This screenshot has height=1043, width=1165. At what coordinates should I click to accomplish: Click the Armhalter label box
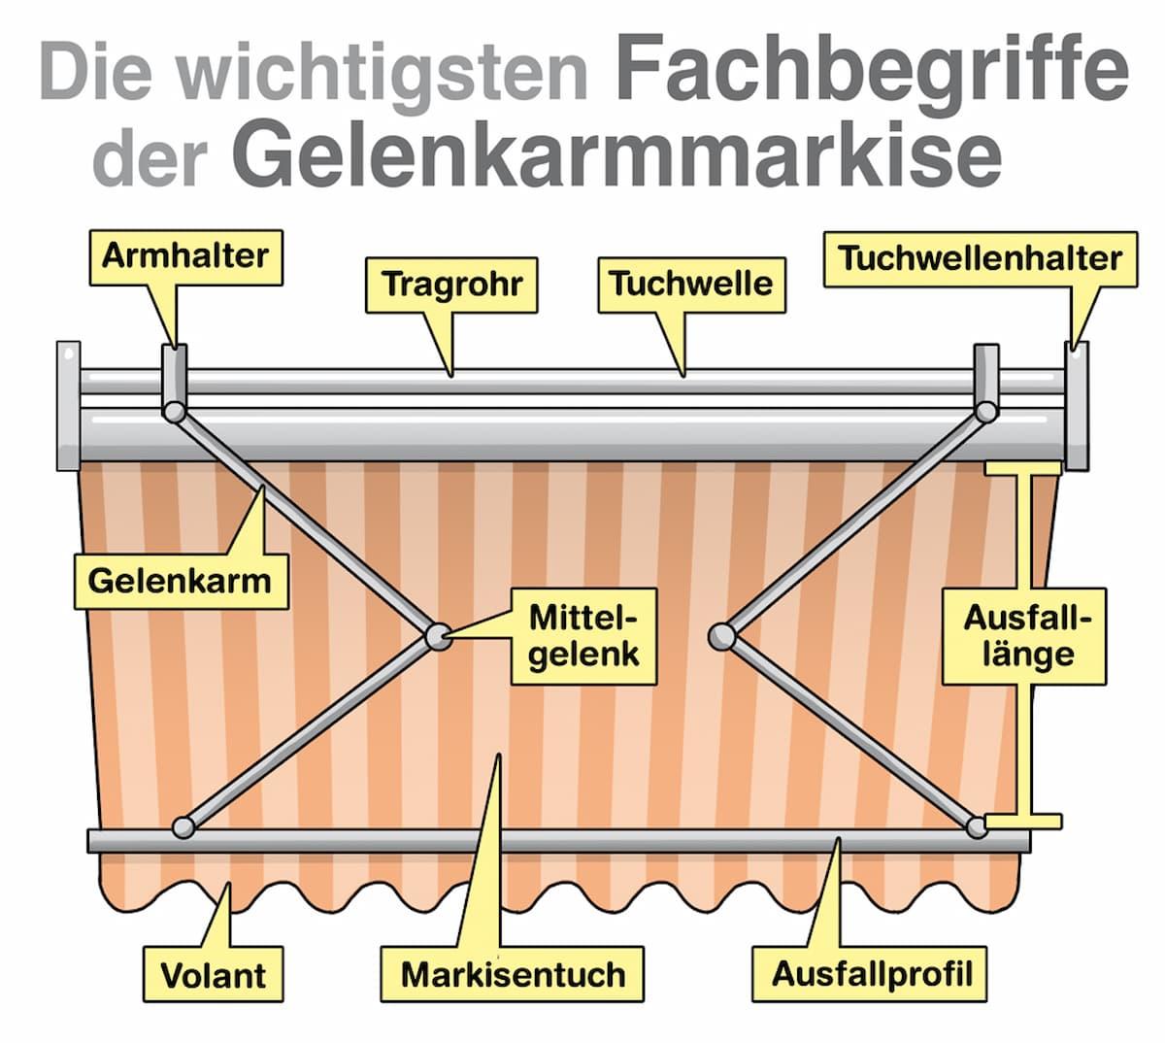pyautogui.click(x=185, y=257)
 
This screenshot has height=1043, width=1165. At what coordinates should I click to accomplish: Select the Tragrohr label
pyautogui.click(x=451, y=285)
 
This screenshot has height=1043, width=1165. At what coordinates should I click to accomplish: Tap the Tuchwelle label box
pyautogui.click(x=690, y=285)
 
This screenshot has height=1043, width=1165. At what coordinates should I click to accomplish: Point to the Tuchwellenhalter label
pyautogui.click(x=980, y=258)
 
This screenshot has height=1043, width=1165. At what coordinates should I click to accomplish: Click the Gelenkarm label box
pyautogui.click(x=181, y=582)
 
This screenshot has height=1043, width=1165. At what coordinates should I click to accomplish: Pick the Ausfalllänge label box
pyautogui.click(x=1024, y=636)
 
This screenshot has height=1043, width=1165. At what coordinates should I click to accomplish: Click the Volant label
pyautogui.click(x=214, y=974)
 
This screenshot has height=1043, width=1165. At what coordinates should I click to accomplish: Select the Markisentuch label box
pyautogui.click(x=513, y=973)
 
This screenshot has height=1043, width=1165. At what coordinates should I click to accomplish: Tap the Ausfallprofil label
pyautogui.click(x=871, y=973)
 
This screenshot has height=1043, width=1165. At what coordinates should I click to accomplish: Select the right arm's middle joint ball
pyautogui.click(x=720, y=637)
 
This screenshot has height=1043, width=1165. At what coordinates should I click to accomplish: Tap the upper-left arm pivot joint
pyautogui.click(x=175, y=413)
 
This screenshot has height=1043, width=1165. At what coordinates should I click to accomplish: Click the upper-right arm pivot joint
pyautogui.click(x=984, y=413)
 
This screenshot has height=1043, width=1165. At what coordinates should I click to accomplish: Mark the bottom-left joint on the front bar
pyautogui.click(x=183, y=827)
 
